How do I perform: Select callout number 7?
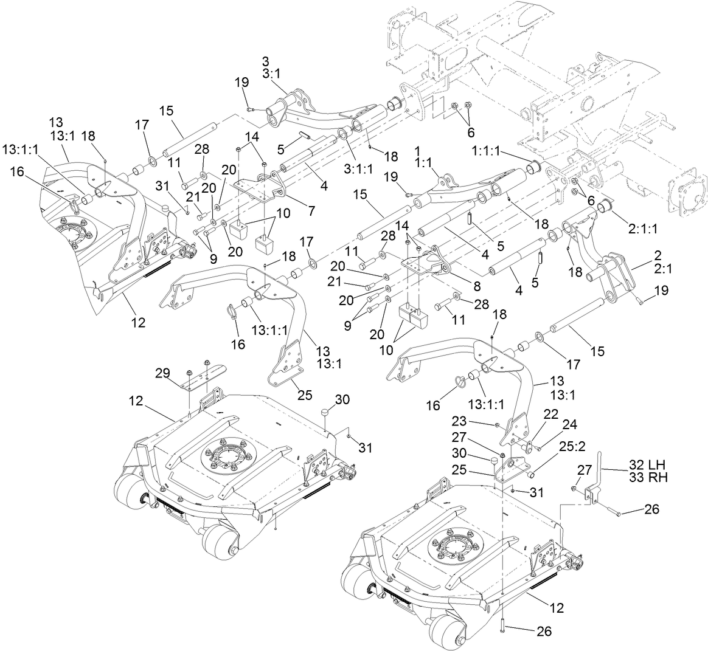click(x=311, y=212)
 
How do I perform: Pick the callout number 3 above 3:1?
click(x=265, y=61)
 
